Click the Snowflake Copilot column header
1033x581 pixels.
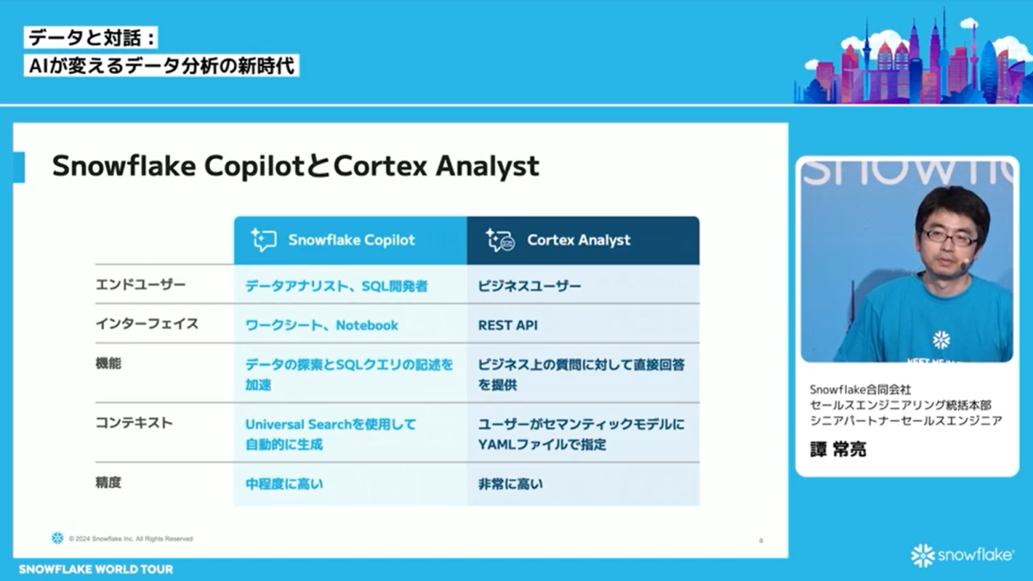(x=350, y=240)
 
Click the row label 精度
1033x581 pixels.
(x=108, y=483)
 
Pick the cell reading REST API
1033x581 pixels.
(x=507, y=325)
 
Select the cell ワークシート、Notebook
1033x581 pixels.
(x=322, y=325)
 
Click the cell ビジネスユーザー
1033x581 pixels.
(x=529, y=286)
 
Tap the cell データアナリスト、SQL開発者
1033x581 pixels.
(x=336, y=286)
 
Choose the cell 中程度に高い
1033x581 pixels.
(x=284, y=484)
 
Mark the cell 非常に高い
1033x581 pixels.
(x=510, y=484)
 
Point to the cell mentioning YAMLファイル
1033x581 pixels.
(x=581, y=434)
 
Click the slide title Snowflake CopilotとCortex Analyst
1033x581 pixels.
(x=295, y=166)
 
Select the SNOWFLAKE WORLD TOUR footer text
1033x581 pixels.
(x=96, y=569)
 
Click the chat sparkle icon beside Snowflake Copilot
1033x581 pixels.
(x=263, y=240)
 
